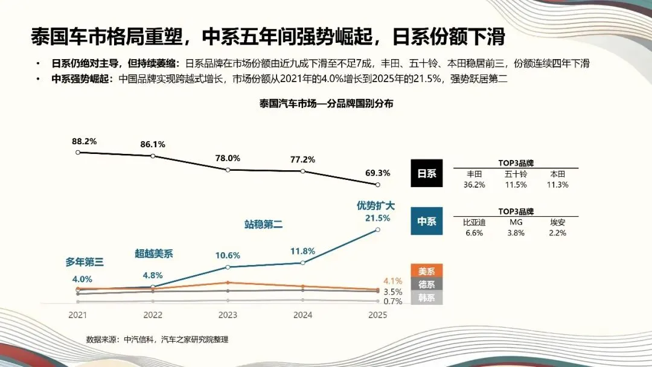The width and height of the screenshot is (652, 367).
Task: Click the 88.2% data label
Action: (84, 141)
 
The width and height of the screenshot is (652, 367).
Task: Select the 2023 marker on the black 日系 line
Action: (228, 170)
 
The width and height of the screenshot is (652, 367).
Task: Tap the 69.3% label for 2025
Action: (377, 173)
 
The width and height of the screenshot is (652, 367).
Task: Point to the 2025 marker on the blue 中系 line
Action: (378, 229)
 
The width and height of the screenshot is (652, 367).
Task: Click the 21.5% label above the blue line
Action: (377, 218)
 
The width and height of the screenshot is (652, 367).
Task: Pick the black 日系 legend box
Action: (427, 173)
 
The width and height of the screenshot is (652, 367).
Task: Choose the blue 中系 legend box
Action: (427, 222)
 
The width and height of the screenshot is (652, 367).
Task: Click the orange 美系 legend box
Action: (427, 272)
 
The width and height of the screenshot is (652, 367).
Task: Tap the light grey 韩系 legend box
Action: (427, 298)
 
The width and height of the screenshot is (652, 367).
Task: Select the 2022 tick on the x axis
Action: (153, 315)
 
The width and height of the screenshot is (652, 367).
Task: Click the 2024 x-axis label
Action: (302, 315)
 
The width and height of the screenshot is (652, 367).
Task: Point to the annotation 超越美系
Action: (153, 254)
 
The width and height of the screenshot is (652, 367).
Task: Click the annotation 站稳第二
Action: (263, 225)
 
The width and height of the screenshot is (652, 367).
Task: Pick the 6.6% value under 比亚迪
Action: (475, 233)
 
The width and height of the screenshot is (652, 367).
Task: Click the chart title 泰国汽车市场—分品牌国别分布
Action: (326, 103)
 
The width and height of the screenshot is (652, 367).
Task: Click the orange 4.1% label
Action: (392, 281)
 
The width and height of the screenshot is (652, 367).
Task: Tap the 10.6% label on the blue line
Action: (228, 255)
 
